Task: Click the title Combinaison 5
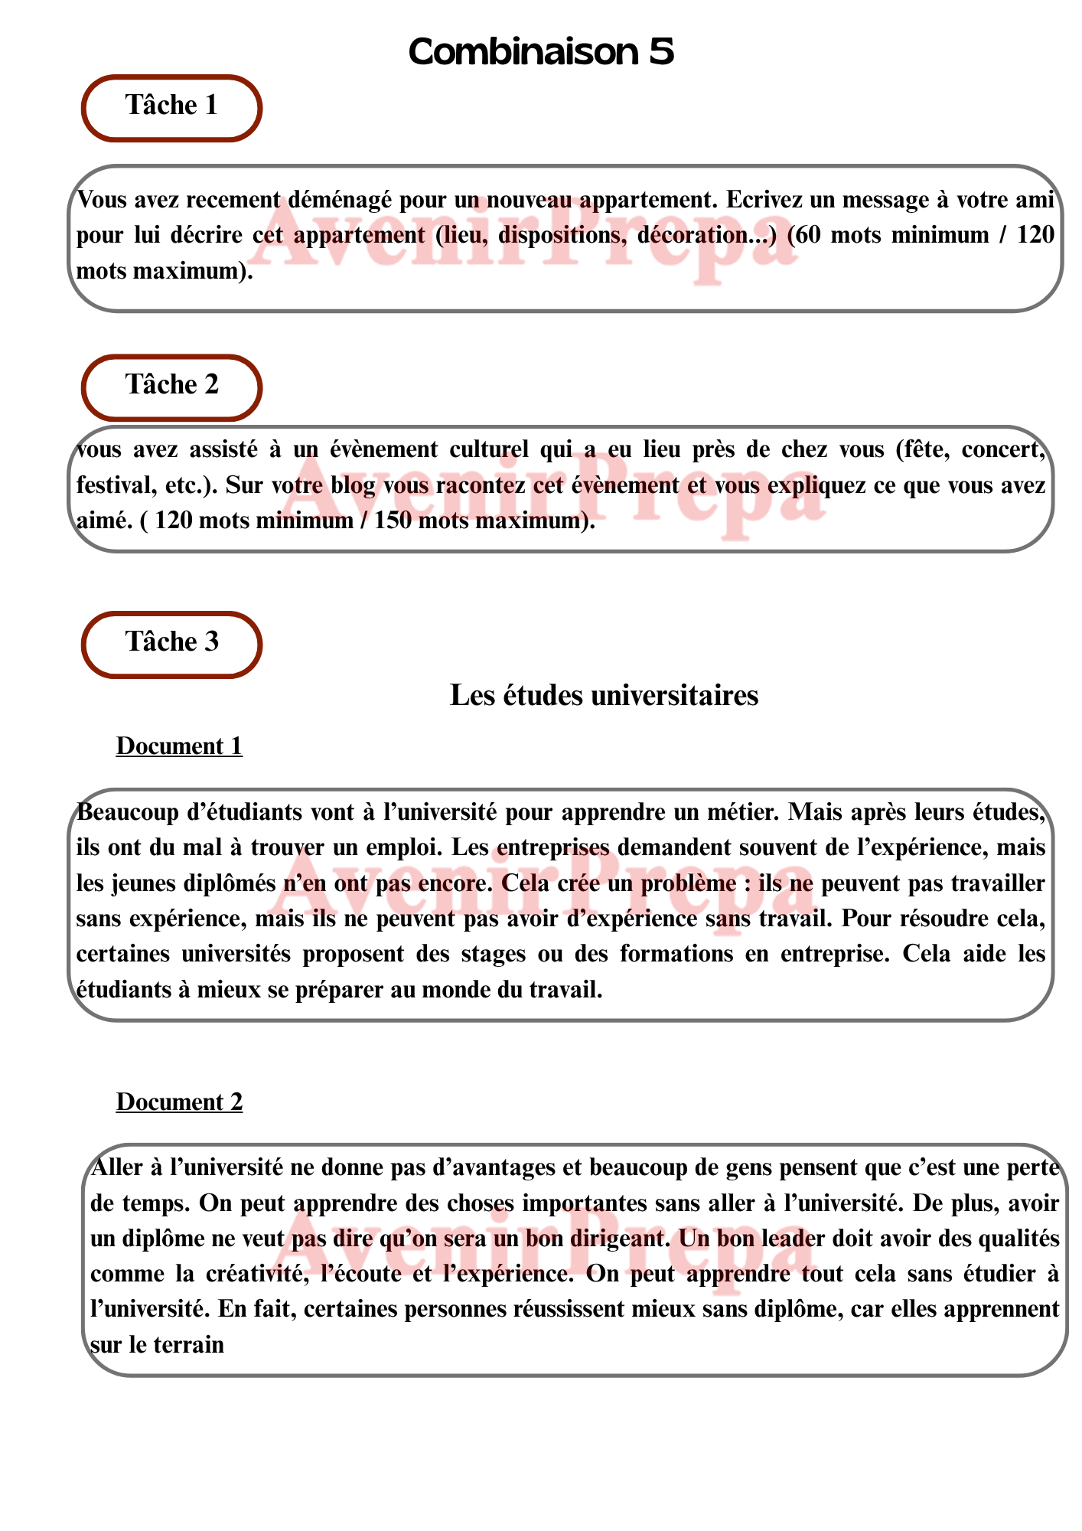tap(541, 52)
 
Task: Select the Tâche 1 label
tap(171, 106)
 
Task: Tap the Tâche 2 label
tap(171, 384)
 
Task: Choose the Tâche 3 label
tap(171, 641)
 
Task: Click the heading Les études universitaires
tap(604, 695)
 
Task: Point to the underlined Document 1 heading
tap(179, 746)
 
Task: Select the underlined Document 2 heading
tap(179, 1102)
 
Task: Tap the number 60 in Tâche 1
tap(810, 235)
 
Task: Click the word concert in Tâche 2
tap(1004, 449)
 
